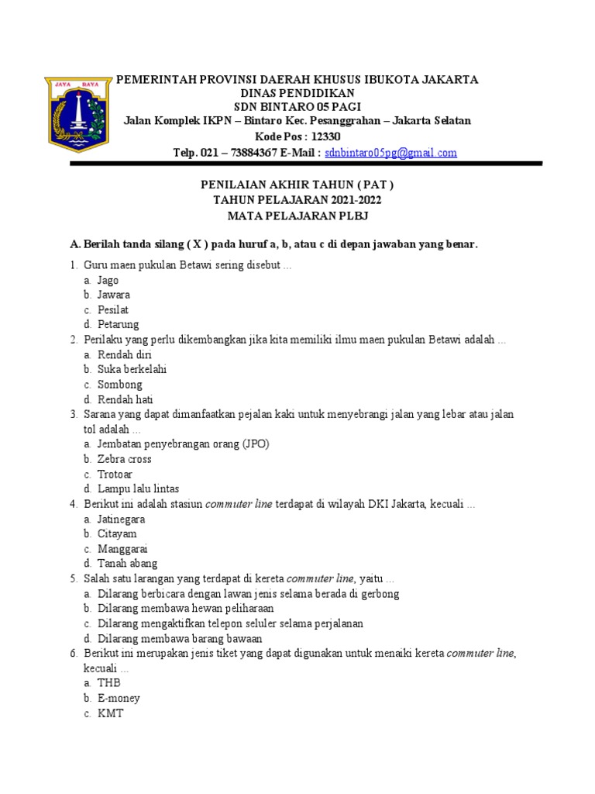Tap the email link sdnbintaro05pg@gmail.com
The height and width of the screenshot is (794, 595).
coord(390,153)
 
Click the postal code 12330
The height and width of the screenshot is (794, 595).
coord(325,136)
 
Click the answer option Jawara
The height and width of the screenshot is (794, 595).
coord(113,295)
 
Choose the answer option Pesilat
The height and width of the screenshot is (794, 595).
coord(113,309)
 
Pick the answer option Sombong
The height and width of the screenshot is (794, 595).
coord(119,385)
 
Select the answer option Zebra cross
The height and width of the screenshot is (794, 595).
coord(124,459)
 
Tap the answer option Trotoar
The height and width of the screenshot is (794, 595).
coord(115,474)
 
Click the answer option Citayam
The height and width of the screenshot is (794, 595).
coord(116,534)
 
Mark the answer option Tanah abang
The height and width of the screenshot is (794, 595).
coord(127,564)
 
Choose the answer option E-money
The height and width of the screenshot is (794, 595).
coord(119,699)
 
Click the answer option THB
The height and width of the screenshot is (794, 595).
coord(109,683)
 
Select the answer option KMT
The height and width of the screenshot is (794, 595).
coord(110,713)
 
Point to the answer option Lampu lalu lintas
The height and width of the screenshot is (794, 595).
coord(138,488)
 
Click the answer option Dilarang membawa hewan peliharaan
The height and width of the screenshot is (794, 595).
coord(185,609)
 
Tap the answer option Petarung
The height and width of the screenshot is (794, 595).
coord(118,324)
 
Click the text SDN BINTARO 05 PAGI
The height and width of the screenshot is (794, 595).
coord(297,107)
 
